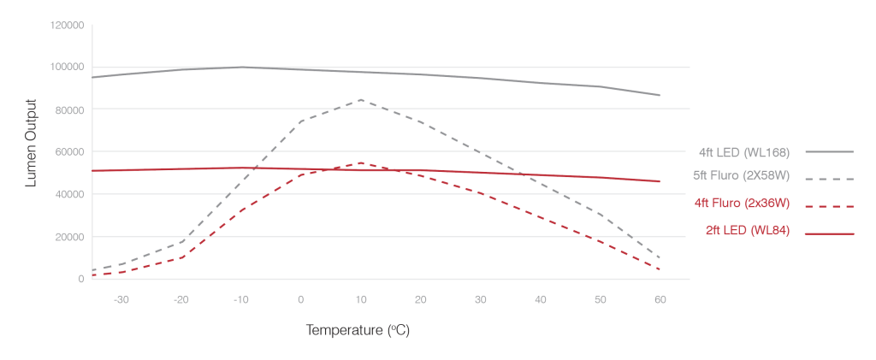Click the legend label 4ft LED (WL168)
tap(743, 152)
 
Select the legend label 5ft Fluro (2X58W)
tap(741, 176)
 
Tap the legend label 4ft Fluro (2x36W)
tap(742, 204)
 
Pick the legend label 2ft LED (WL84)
tap(748, 230)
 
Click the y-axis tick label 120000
tap(67, 25)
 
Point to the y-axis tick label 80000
tap(69, 110)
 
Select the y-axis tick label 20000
tap(69, 237)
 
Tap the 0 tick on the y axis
tap(81, 279)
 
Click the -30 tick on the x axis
tap(121, 300)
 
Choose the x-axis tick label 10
tap(361, 300)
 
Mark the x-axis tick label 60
tap(660, 300)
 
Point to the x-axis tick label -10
tap(240, 300)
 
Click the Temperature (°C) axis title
tap(358, 330)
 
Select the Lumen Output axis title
tap(32, 144)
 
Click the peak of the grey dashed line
tap(361, 100)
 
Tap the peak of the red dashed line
tap(361, 163)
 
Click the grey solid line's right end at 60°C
tap(660, 96)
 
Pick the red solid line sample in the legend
tap(830, 234)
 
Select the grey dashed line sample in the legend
tap(830, 180)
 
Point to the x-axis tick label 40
tap(541, 300)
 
